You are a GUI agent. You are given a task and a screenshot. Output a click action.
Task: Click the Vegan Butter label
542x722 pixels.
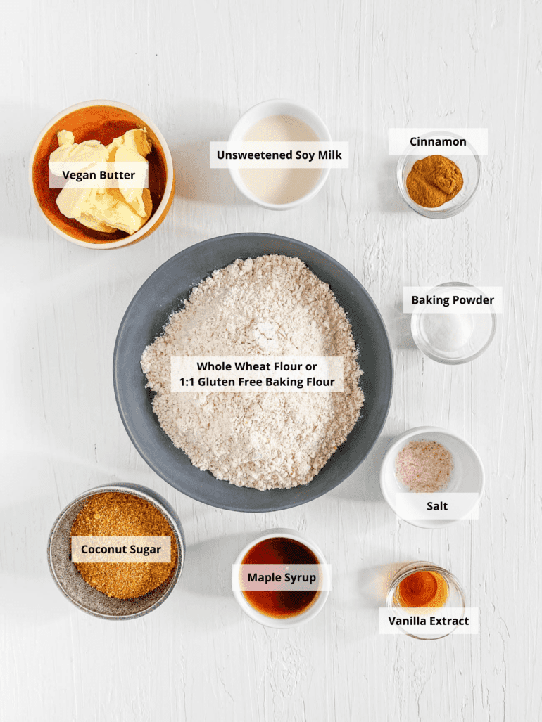point(99,175)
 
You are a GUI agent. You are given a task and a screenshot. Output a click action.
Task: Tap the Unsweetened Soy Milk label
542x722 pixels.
point(279,155)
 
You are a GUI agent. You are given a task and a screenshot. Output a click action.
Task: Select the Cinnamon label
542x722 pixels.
point(438,141)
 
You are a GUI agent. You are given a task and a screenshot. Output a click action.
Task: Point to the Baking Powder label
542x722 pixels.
point(453,300)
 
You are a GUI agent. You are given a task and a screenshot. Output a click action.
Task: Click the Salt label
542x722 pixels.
point(437,506)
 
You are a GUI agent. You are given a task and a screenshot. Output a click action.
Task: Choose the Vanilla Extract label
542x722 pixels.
point(429,621)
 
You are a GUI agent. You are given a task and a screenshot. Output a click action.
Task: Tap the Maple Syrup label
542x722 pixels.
point(282,577)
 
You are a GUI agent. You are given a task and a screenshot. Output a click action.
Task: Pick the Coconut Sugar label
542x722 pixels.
point(121,549)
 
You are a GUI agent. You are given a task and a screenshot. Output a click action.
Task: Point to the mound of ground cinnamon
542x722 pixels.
point(434,181)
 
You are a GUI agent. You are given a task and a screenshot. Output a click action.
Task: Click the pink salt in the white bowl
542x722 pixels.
point(424,466)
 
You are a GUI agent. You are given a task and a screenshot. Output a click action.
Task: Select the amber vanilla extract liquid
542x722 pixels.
point(422,589)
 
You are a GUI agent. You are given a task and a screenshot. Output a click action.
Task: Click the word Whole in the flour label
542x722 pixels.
point(212,366)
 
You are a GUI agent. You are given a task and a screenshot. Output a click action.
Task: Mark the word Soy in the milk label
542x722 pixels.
point(303,155)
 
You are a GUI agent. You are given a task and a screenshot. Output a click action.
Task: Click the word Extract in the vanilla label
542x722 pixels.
point(449,621)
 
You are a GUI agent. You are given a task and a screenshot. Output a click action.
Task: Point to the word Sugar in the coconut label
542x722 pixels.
point(145,550)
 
